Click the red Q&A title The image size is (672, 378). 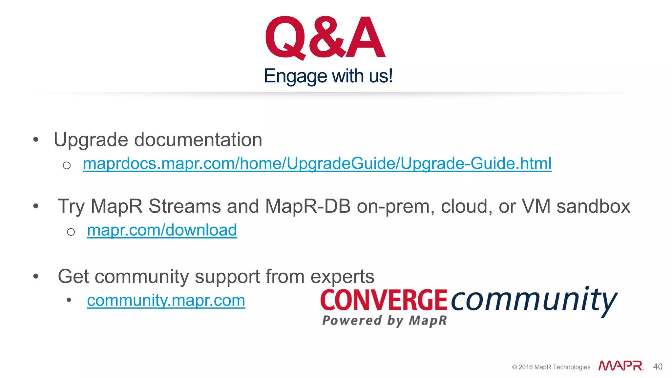pos(325,38)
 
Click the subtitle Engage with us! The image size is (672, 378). pos(328,76)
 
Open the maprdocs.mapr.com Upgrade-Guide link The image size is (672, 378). pos(317,163)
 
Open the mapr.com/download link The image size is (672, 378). pos(162,230)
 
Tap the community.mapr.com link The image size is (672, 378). pos(166,300)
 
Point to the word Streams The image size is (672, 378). pos(185,206)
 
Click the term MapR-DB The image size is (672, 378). pos(308,206)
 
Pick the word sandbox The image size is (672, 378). pos(593,206)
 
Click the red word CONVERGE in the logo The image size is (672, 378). pos(384,300)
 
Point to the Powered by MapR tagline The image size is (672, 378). pos(385,321)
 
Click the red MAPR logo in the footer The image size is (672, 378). pos(621,366)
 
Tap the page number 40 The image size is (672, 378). pos(658,367)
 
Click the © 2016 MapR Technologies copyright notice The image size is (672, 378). pos(551,367)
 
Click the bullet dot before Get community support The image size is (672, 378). pos(36,276)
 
